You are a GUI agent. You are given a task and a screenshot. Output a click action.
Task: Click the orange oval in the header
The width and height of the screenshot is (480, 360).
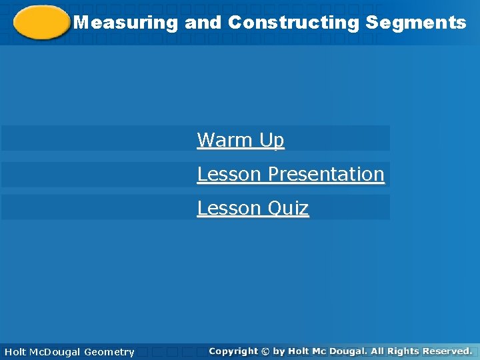tap(42, 23)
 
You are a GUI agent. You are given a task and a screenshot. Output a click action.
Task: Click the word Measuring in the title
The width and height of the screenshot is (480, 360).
tap(126, 23)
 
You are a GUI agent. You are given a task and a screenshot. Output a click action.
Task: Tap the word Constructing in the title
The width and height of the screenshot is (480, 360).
tap(294, 23)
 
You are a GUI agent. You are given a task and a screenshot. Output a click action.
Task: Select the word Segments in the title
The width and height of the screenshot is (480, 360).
tap(416, 23)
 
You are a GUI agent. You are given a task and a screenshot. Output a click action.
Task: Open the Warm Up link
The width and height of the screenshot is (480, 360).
tap(241, 140)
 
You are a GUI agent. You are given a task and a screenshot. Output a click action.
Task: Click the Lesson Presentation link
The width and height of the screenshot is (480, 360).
tap(291, 174)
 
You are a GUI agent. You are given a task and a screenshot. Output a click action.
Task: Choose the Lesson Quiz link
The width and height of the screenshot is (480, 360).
tap(253, 208)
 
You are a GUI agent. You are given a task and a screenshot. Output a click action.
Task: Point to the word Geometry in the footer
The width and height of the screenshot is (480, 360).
tap(109, 351)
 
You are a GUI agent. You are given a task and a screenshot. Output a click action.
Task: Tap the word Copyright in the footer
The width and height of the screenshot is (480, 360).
tap(233, 351)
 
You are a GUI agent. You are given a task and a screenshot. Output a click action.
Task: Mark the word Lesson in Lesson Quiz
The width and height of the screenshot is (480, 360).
tap(221, 208)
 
